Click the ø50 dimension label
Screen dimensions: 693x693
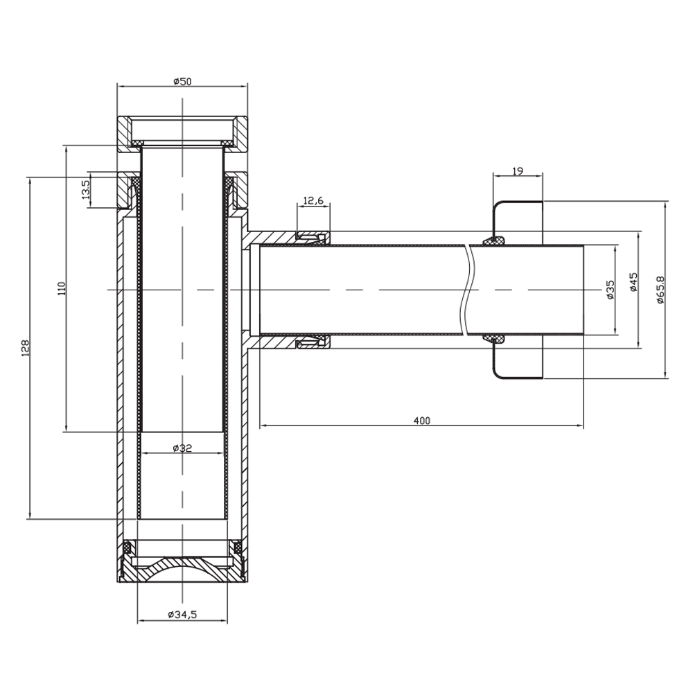pyautogui.click(x=182, y=81)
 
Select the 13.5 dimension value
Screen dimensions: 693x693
pyautogui.click(x=85, y=189)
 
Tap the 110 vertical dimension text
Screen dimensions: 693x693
pyautogui.click(x=62, y=288)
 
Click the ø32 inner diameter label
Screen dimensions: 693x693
pyautogui.click(x=182, y=448)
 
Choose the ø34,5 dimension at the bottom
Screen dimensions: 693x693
pyautogui.click(x=182, y=615)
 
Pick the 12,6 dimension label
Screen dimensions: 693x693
pyautogui.click(x=313, y=201)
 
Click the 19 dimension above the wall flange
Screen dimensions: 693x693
pyautogui.click(x=518, y=171)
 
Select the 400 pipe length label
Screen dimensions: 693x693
pyautogui.click(x=421, y=421)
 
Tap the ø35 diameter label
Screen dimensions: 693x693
pyautogui.click(x=611, y=290)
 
